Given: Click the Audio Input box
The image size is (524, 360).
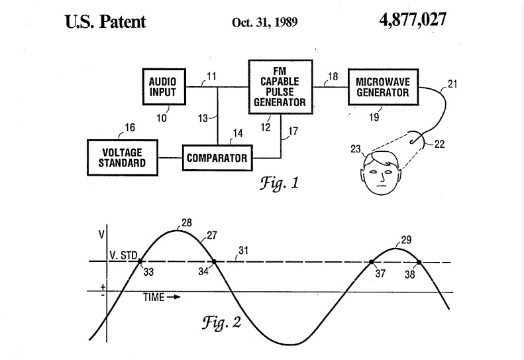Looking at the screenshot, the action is click(x=164, y=87).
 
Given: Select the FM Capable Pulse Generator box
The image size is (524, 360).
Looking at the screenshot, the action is click(x=281, y=87).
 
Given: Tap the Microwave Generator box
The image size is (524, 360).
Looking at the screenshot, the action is click(x=384, y=87).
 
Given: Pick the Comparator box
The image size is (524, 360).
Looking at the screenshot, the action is click(x=217, y=158).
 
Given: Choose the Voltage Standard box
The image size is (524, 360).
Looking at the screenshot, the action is click(x=123, y=158).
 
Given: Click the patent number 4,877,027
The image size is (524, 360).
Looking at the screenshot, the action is click(x=413, y=20).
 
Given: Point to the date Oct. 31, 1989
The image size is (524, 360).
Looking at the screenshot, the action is click(x=265, y=23).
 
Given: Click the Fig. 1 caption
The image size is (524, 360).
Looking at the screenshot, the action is click(x=279, y=184).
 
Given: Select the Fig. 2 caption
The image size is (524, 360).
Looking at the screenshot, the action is click(x=221, y=322).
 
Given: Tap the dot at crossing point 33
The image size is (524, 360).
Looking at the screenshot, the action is click(x=140, y=261).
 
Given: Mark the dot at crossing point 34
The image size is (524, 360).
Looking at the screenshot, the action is click(x=214, y=262).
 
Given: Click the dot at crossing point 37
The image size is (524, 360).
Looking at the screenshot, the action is click(x=371, y=263).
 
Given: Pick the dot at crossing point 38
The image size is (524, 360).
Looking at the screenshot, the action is click(x=419, y=263).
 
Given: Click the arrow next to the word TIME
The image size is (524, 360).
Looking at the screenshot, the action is click(x=174, y=297).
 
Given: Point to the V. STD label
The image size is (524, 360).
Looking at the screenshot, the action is click(x=123, y=256).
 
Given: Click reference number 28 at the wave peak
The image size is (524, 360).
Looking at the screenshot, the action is click(x=187, y=223).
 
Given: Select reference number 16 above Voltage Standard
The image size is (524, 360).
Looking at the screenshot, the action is click(x=130, y=128).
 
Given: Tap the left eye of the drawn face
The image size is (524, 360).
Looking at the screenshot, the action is click(x=373, y=172).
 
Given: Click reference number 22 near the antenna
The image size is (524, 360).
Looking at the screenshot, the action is click(x=439, y=145).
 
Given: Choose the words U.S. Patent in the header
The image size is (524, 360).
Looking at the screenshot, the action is click(x=105, y=22).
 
